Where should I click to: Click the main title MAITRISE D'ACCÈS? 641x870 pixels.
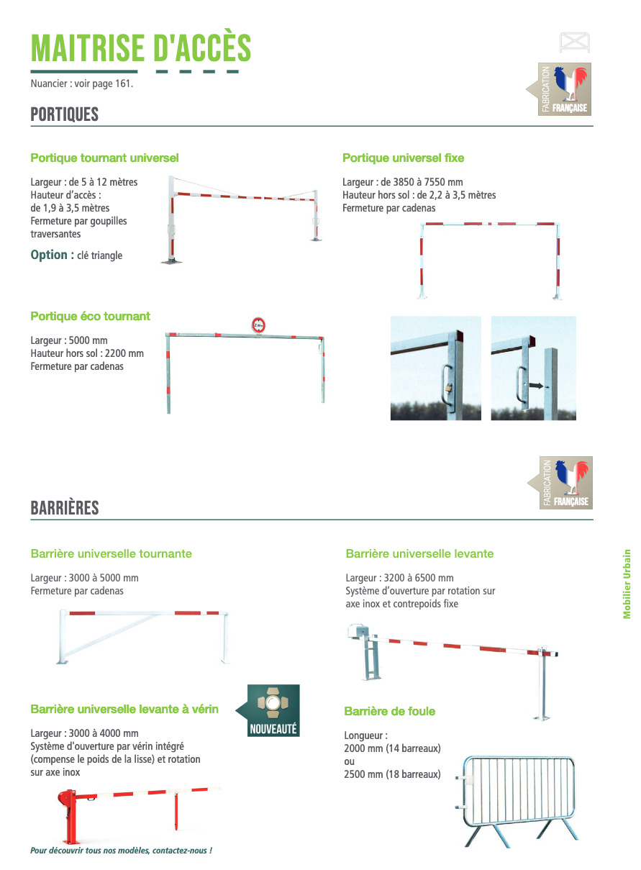141,48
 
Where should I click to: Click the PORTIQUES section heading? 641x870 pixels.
64,114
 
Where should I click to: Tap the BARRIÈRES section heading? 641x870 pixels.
64,508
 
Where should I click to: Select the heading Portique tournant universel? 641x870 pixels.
104,158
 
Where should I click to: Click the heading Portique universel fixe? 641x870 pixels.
403,158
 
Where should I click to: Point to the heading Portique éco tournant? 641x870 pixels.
90,316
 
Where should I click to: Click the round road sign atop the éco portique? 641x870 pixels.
258,325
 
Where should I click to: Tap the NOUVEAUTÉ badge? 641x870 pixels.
273,711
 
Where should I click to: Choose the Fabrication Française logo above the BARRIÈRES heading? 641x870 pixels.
562,483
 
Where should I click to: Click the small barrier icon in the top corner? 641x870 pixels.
574,42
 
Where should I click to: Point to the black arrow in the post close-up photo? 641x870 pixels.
536,386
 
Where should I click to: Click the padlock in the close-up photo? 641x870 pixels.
448,389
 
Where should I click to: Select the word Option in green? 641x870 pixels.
52,255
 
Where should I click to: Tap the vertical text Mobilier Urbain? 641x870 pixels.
627,584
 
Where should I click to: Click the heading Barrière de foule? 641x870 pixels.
389,711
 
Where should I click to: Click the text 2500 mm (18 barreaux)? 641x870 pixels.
393,774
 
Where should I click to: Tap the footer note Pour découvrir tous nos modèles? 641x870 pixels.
121,851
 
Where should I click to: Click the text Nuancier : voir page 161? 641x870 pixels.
82,83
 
